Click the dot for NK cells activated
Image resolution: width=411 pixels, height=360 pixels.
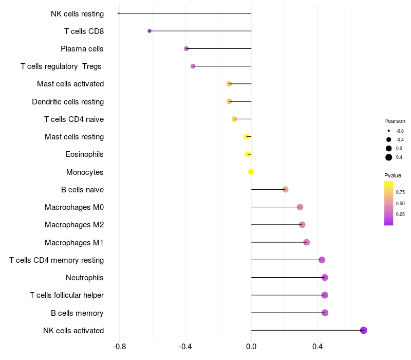363,330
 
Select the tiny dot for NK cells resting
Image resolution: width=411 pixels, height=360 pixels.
119,13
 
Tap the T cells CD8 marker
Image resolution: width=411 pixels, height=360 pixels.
150,31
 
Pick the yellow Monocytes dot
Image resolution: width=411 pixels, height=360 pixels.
251,172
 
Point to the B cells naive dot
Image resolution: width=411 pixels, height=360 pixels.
286,189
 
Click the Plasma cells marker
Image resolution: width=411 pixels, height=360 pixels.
186,48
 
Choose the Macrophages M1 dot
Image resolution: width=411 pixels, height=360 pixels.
306,242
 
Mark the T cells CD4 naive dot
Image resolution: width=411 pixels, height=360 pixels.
234,119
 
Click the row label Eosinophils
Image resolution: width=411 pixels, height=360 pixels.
84,154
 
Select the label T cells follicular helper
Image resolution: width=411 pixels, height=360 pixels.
67,295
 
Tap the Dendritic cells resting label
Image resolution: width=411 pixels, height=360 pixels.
68,102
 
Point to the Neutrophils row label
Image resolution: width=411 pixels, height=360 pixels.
85,278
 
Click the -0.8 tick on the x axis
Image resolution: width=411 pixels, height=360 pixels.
120,347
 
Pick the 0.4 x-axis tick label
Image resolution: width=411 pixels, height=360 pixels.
317,347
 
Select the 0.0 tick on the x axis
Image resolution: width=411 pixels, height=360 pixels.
251,347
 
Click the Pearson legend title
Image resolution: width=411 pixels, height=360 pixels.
395,121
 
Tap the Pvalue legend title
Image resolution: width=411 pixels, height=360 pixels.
393,175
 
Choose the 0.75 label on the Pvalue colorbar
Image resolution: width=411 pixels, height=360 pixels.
400,192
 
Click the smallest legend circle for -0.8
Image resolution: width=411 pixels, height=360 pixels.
389,131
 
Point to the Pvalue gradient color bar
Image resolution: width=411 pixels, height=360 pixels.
389,203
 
